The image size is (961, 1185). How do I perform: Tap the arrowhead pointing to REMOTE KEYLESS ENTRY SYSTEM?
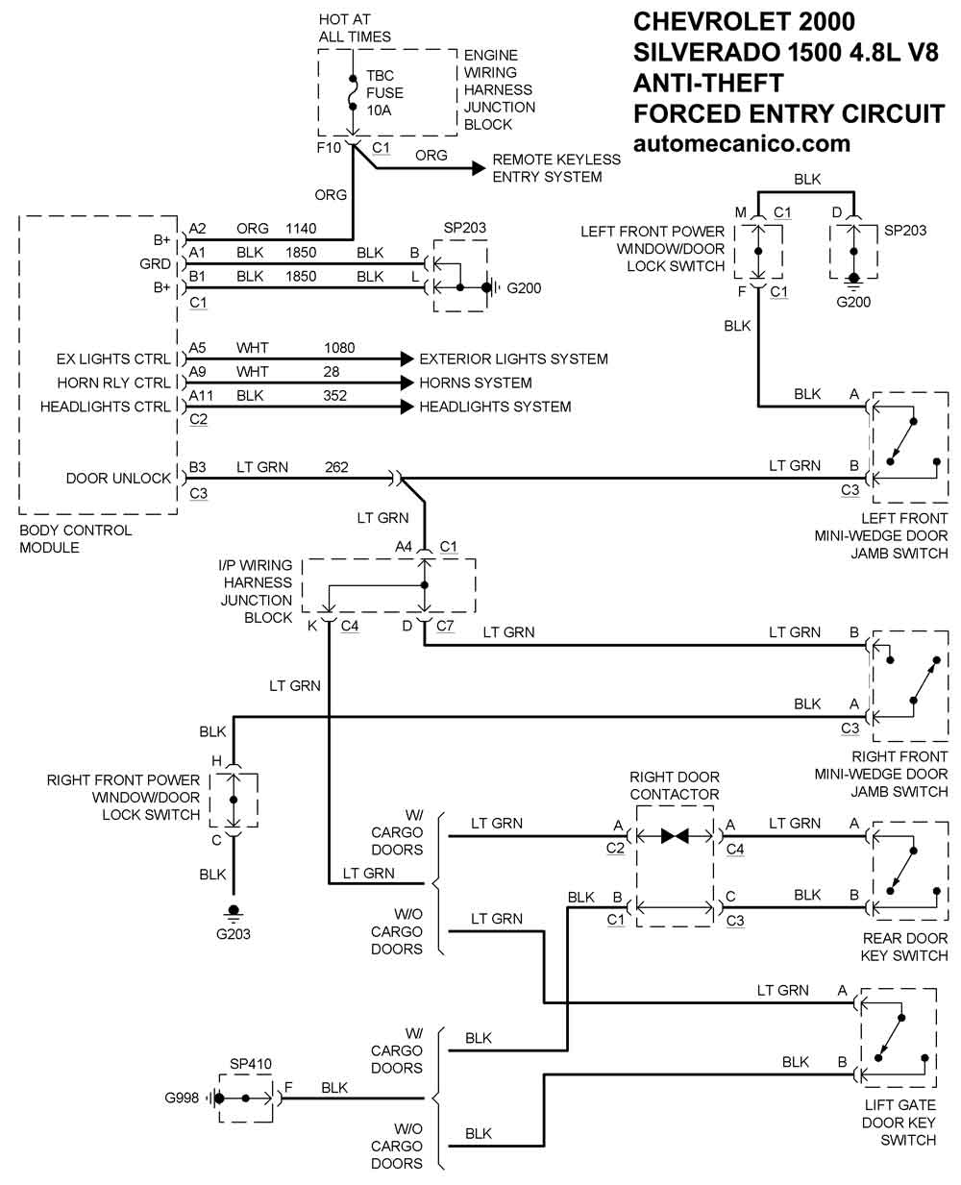click(478, 168)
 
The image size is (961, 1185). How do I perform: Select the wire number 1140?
click(301, 229)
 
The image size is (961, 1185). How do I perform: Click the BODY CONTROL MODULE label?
click(76, 538)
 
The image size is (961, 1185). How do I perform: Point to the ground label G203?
click(233, 932)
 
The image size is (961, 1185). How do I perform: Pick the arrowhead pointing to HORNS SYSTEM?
click(407, 383)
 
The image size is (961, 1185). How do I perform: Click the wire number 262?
click(336, 467)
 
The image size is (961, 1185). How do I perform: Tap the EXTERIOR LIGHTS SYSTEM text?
click(513, 358)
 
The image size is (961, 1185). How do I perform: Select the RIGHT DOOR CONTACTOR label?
click(675, 785)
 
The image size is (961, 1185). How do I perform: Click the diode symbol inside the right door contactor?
click(675, 836)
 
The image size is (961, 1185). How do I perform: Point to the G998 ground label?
click(184, 1098)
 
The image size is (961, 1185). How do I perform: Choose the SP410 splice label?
click(250, 1064)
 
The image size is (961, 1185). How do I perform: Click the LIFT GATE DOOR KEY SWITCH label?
click(898, 1123)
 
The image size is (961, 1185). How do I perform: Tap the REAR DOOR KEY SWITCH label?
click(904, 947)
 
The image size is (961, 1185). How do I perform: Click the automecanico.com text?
click(742, 144)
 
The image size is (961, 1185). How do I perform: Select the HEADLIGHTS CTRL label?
click(105, 407)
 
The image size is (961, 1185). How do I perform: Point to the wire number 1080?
click(339, 347)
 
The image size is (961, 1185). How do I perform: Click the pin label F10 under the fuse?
click(329, 148)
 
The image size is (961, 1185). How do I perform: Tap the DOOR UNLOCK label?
click(118, 478)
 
